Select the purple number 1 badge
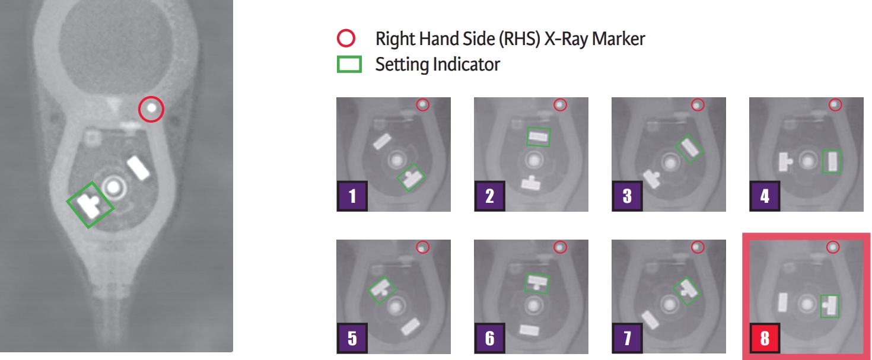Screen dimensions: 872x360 [352, 196]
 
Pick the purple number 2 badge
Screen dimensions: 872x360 [489, 196]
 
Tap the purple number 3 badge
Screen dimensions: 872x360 [627, 196]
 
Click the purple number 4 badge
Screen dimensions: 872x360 [765, 196]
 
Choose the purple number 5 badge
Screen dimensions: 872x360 [352, 338]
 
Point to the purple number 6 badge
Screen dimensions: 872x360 [489, 338]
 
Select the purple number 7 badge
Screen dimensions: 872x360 [627, 338]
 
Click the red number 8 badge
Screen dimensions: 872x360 [765, 338]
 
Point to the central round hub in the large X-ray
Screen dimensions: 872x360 [114, 187]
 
